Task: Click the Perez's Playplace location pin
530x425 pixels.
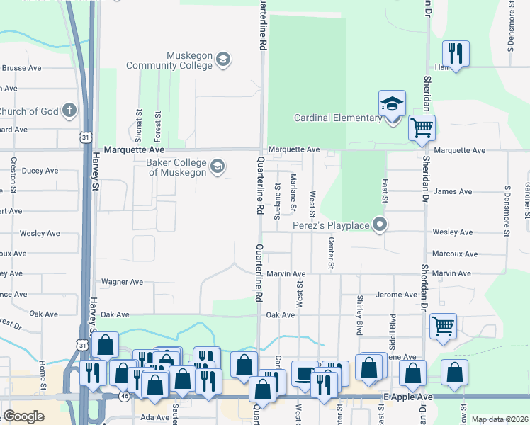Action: (380, 225)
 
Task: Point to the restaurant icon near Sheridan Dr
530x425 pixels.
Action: (454, 53)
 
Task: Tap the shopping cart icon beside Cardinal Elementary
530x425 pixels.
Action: (422, 128)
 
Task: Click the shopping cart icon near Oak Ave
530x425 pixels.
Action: (443, 326)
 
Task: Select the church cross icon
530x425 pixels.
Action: (69, 110)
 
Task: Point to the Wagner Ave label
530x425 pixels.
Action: (123, 282)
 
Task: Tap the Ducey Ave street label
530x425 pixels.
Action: (40, 171)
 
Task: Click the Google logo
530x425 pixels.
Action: (23, 416)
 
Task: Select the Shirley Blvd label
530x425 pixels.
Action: (360, 315)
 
